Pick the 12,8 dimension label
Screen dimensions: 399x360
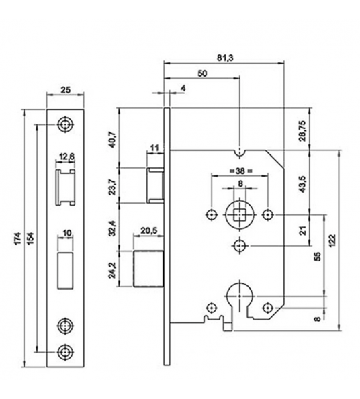pyautogui.click(x=66, y=157)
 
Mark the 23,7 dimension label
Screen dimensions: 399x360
pyautogui.click(x=112, y=186)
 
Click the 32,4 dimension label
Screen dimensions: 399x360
pyautogui.click(x=112, y=228)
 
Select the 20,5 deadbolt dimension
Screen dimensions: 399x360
pyautogui.click(x=148, y=232)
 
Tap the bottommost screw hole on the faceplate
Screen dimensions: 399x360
pyautogui.click(x=65, y=351)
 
